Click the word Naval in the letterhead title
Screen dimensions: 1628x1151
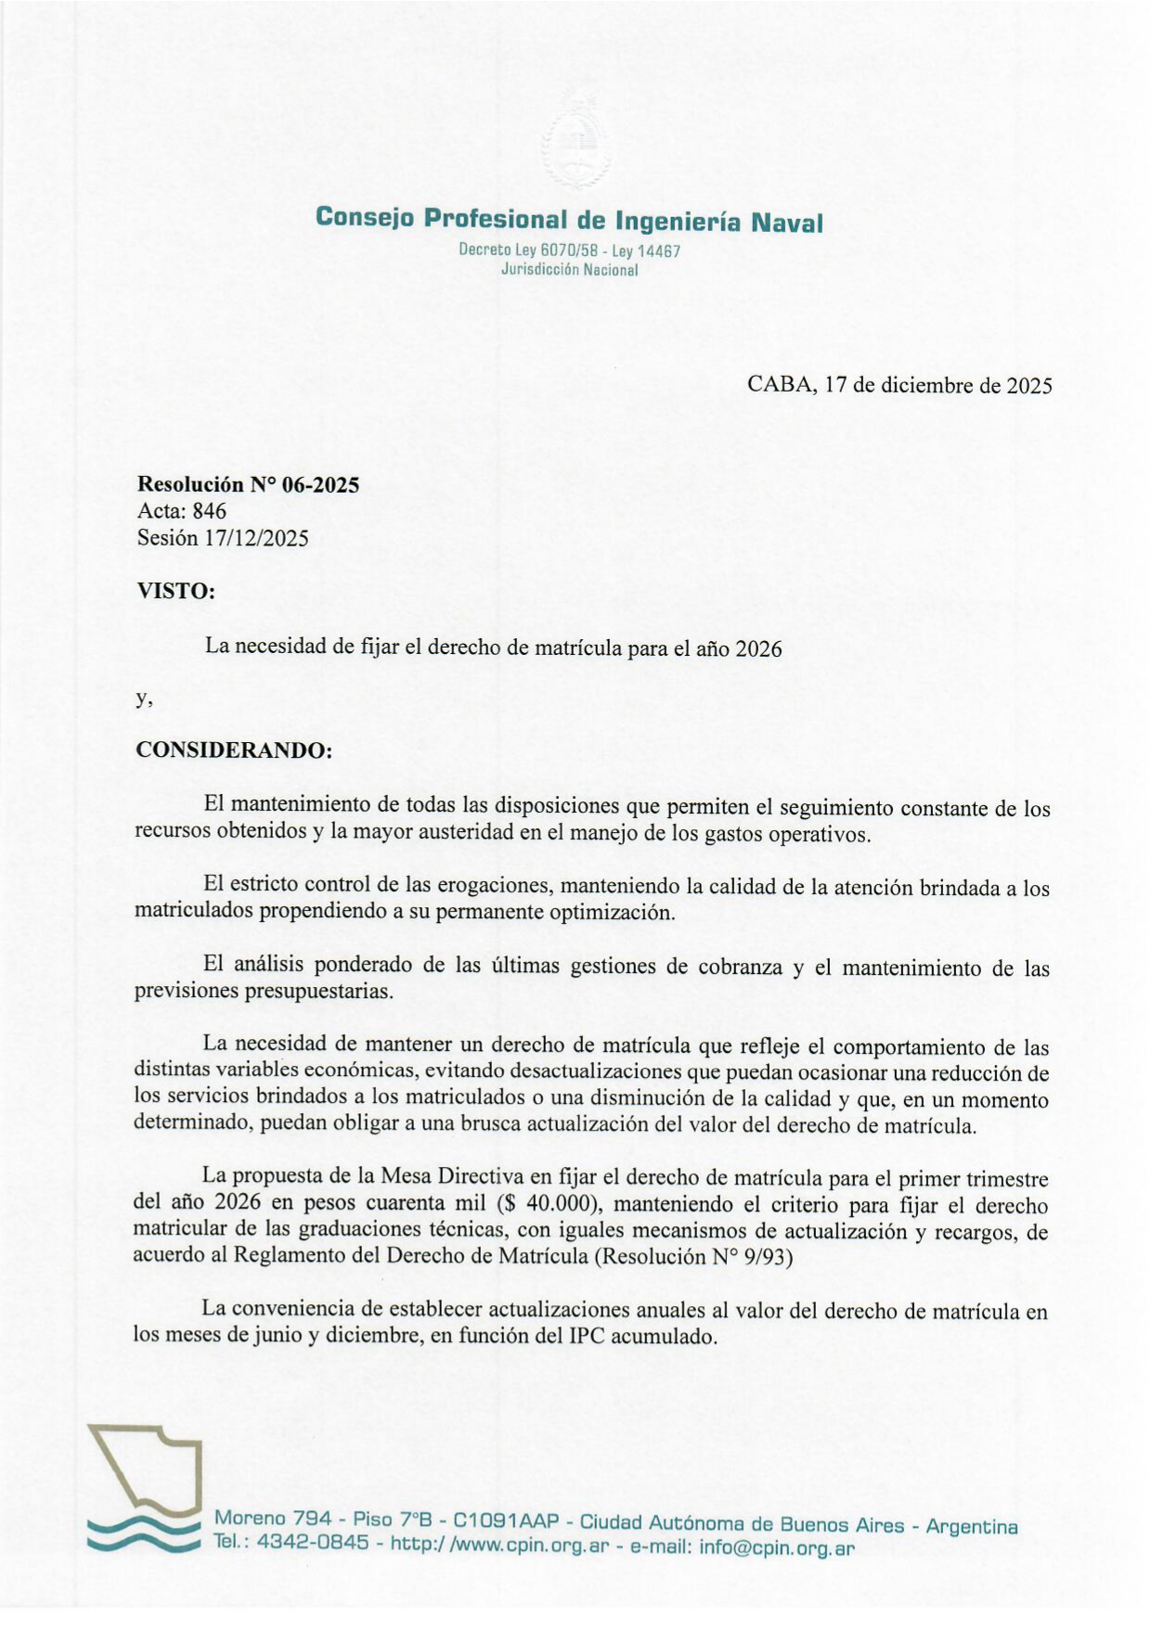coord(785,223)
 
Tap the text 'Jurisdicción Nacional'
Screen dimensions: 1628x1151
coord(569,270)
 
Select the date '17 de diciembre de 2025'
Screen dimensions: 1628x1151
coord(938,385)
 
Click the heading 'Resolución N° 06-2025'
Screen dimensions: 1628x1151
coord(248,484)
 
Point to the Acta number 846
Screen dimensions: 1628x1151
coord(209,511)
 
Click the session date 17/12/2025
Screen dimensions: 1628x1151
coord(257,538)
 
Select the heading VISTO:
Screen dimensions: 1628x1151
coord(175,591)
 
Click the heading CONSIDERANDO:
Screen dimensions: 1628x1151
coord(234,750)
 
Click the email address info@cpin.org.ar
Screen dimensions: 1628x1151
coord(776,1546)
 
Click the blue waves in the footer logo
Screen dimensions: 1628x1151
coord(143,1534)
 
